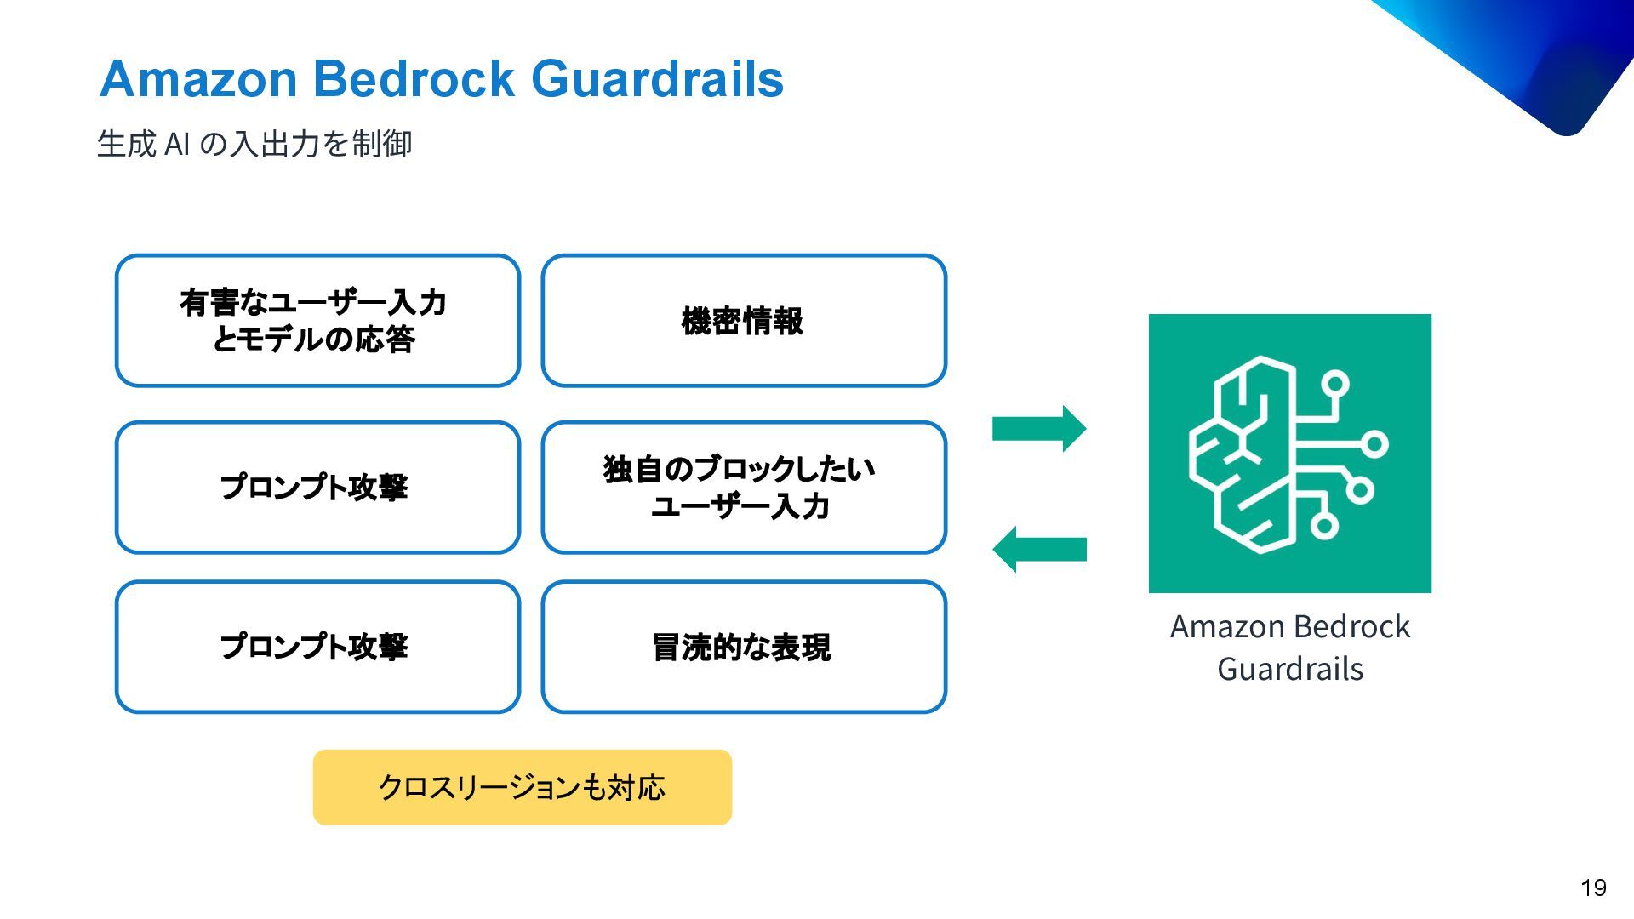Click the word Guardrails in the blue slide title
point(657,79)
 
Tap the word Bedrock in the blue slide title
point(414,79)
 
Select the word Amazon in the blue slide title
point(197,79)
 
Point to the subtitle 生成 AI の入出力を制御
point(254,144)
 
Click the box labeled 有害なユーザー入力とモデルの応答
point(317,321)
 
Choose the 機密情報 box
point(744,321)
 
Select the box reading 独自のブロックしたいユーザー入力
point(744,488)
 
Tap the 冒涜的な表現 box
point(744,647)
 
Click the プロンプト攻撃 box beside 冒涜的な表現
point(317,647)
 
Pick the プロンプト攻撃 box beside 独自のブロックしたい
point(317,488)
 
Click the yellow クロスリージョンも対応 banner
point(522,787)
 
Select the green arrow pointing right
point(1039,428)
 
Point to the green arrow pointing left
point(1039,549)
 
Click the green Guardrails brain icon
point(1289,453)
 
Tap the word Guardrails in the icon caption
point(1289,669)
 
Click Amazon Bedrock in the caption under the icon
point(1289,626)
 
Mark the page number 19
point(1593,888)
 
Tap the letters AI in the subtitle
point(177,145)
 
